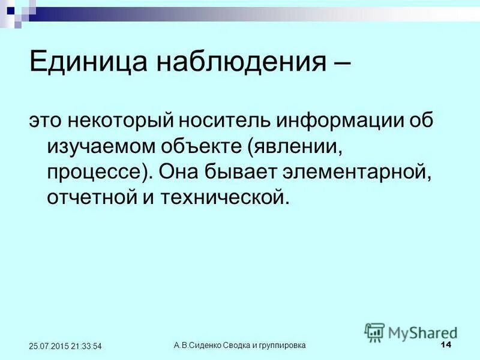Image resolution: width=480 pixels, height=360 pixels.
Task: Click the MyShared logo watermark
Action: [x=411, y=331]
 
